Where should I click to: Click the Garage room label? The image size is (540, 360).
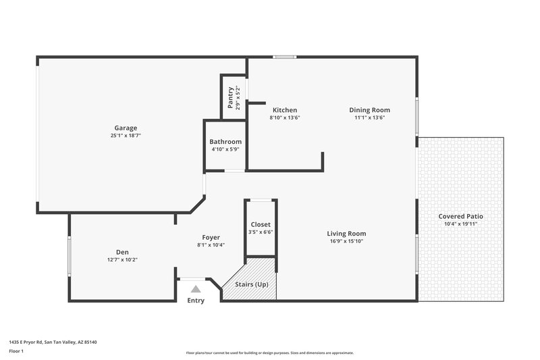[126, 128]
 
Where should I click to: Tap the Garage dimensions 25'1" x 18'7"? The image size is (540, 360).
[126, 135]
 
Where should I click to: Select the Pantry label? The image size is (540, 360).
[231, 97]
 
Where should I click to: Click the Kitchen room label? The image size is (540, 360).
[284, 110]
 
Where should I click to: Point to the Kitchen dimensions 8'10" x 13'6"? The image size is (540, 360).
[284, 118]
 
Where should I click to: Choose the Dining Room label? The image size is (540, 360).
[369, 110]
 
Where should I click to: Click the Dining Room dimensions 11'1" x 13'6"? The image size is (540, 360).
[369, 118]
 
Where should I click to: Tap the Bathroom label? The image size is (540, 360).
[225, 142]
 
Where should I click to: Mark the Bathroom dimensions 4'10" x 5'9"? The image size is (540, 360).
[225, 149]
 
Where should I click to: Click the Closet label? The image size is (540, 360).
[261, 224]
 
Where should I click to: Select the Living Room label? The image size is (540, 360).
[347, 234]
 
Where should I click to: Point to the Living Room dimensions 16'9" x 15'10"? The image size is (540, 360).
[347, 241]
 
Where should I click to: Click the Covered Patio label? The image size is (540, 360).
[461, 216]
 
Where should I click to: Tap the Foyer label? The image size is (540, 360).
[211, 237]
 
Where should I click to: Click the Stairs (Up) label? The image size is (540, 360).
[252, 284]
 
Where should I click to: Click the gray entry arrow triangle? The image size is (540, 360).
[196, 289]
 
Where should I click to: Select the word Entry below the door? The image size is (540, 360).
[196, 301]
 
